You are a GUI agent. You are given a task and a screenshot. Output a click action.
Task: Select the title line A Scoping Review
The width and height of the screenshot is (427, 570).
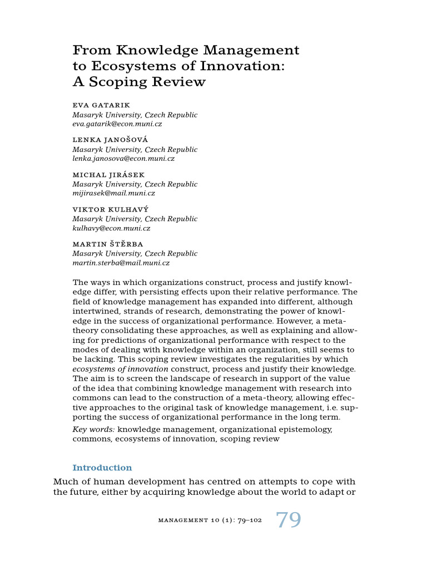[x=139, y=82]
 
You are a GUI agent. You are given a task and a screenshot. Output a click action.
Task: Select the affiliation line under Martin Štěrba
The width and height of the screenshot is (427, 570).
[x=135, y=254]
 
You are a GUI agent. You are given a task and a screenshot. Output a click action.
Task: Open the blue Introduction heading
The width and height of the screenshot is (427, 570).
[x=102, y=468]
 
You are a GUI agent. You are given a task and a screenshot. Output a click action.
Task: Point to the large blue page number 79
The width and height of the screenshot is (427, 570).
[x=289, y=520]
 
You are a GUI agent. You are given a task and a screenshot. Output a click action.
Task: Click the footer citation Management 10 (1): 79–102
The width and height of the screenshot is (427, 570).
[x=210, y=520]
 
